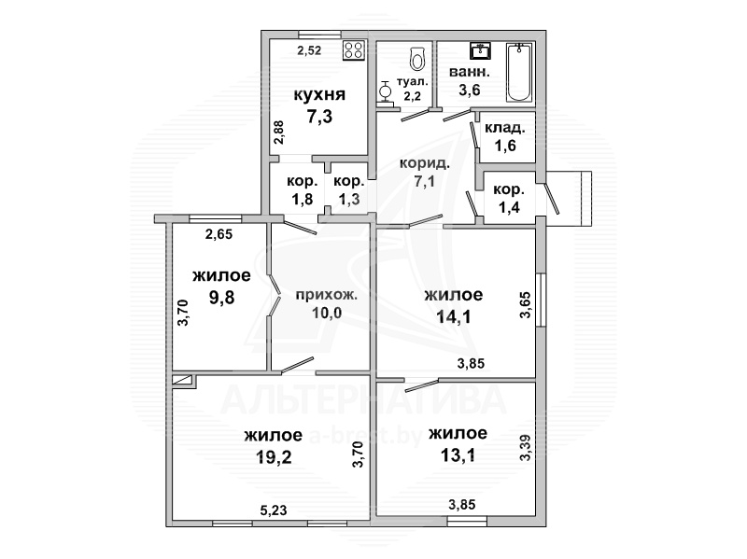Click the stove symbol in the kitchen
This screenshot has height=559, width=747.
pyautogui.click(x=354, y=50)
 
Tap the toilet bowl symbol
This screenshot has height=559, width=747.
pyautogui.click(x=417, y=59)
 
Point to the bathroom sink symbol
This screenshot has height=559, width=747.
pyautogui.click(x=481, y=50)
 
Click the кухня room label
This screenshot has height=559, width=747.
pyautogui.click(x=318, y=94)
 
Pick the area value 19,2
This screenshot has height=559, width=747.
pyautogui.click(x=274, y=457)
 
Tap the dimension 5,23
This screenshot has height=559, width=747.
pyautogui.click(x=274, y=510)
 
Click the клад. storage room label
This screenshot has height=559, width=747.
pyautogui.click(x=505, y=128)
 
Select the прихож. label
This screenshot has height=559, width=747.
pyautogui.click(x=326, y=295)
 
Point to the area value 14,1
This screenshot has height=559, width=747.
pyautogui.click(x=454, y=316)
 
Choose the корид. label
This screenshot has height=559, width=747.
pyautogui.click(x=424, y=164)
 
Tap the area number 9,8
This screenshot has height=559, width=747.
pyautogui.click(x=221, y=297)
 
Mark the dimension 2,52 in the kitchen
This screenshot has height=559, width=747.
pyautogui.click(x=309, y=50)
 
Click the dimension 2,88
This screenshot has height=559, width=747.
pyautogui.click(x=278, y=132)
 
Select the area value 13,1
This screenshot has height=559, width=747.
pyautogui.click(x=458, y=455)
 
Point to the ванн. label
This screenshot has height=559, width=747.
pyautogui.click(x=470, y=73)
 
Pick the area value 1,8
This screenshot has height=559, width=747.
pyautogui.click(x=303, y=198)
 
